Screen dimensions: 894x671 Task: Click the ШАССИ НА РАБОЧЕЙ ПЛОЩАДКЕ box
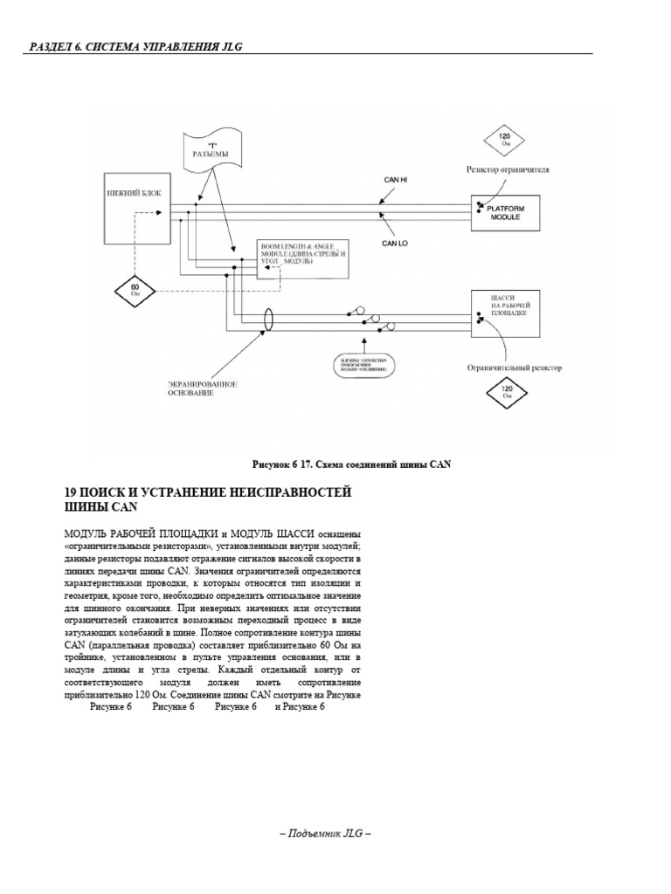tap(507, 313)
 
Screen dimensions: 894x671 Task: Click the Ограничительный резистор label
tap(514, 368)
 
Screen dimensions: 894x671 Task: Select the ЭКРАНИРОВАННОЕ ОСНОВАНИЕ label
tap(204, 389)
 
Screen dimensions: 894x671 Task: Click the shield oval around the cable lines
tap(270, 319)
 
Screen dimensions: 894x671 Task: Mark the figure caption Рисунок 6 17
tap(351, 464)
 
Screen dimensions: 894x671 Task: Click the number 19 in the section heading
tap(72, 493)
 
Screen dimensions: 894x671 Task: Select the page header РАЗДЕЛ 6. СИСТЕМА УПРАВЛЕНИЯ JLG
tap(132, 45)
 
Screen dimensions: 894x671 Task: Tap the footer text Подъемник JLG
tap(326, 834)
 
